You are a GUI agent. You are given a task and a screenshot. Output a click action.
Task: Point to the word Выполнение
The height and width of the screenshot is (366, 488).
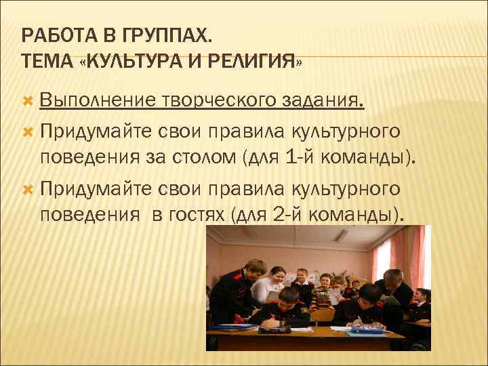pos(98,101)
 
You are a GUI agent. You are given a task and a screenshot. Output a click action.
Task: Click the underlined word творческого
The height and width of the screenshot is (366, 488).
pos(216,101)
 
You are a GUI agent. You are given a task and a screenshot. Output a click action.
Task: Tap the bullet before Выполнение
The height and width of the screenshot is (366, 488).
pos(28,101)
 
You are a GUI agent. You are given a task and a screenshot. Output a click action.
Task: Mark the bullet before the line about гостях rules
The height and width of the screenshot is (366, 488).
pos(28,186)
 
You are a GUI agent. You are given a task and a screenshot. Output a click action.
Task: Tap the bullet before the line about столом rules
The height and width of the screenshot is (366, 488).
pos(28,129)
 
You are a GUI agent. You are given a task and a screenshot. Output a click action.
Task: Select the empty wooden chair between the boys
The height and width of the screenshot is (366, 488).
pos(323,315)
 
